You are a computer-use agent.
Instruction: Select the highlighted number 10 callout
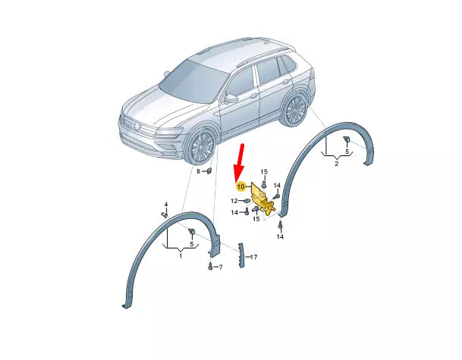tap(241, 186)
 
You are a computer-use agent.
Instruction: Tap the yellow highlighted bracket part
tap(262, 199)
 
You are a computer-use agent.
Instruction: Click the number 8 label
tap(198, 171)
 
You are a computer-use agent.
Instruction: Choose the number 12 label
tap(234, 201)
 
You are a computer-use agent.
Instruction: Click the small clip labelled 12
tap(247, 201)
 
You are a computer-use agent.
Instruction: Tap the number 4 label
tap(166, 205)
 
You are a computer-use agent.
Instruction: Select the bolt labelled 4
tap(165, 214)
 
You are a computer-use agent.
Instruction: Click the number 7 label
tap(221, 268)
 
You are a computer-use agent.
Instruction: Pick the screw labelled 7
tap(210, 266)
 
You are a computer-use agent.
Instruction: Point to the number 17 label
tap(253, 257)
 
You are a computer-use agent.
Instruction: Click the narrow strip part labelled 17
tap(241, 255)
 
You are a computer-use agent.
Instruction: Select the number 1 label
tap(181, 256)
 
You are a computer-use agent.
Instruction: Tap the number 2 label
tap(337, 164)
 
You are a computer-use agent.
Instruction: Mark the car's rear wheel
tap(295, 109)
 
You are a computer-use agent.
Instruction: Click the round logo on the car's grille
tap(137, 126)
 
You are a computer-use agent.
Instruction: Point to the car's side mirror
tap(231, 98)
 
